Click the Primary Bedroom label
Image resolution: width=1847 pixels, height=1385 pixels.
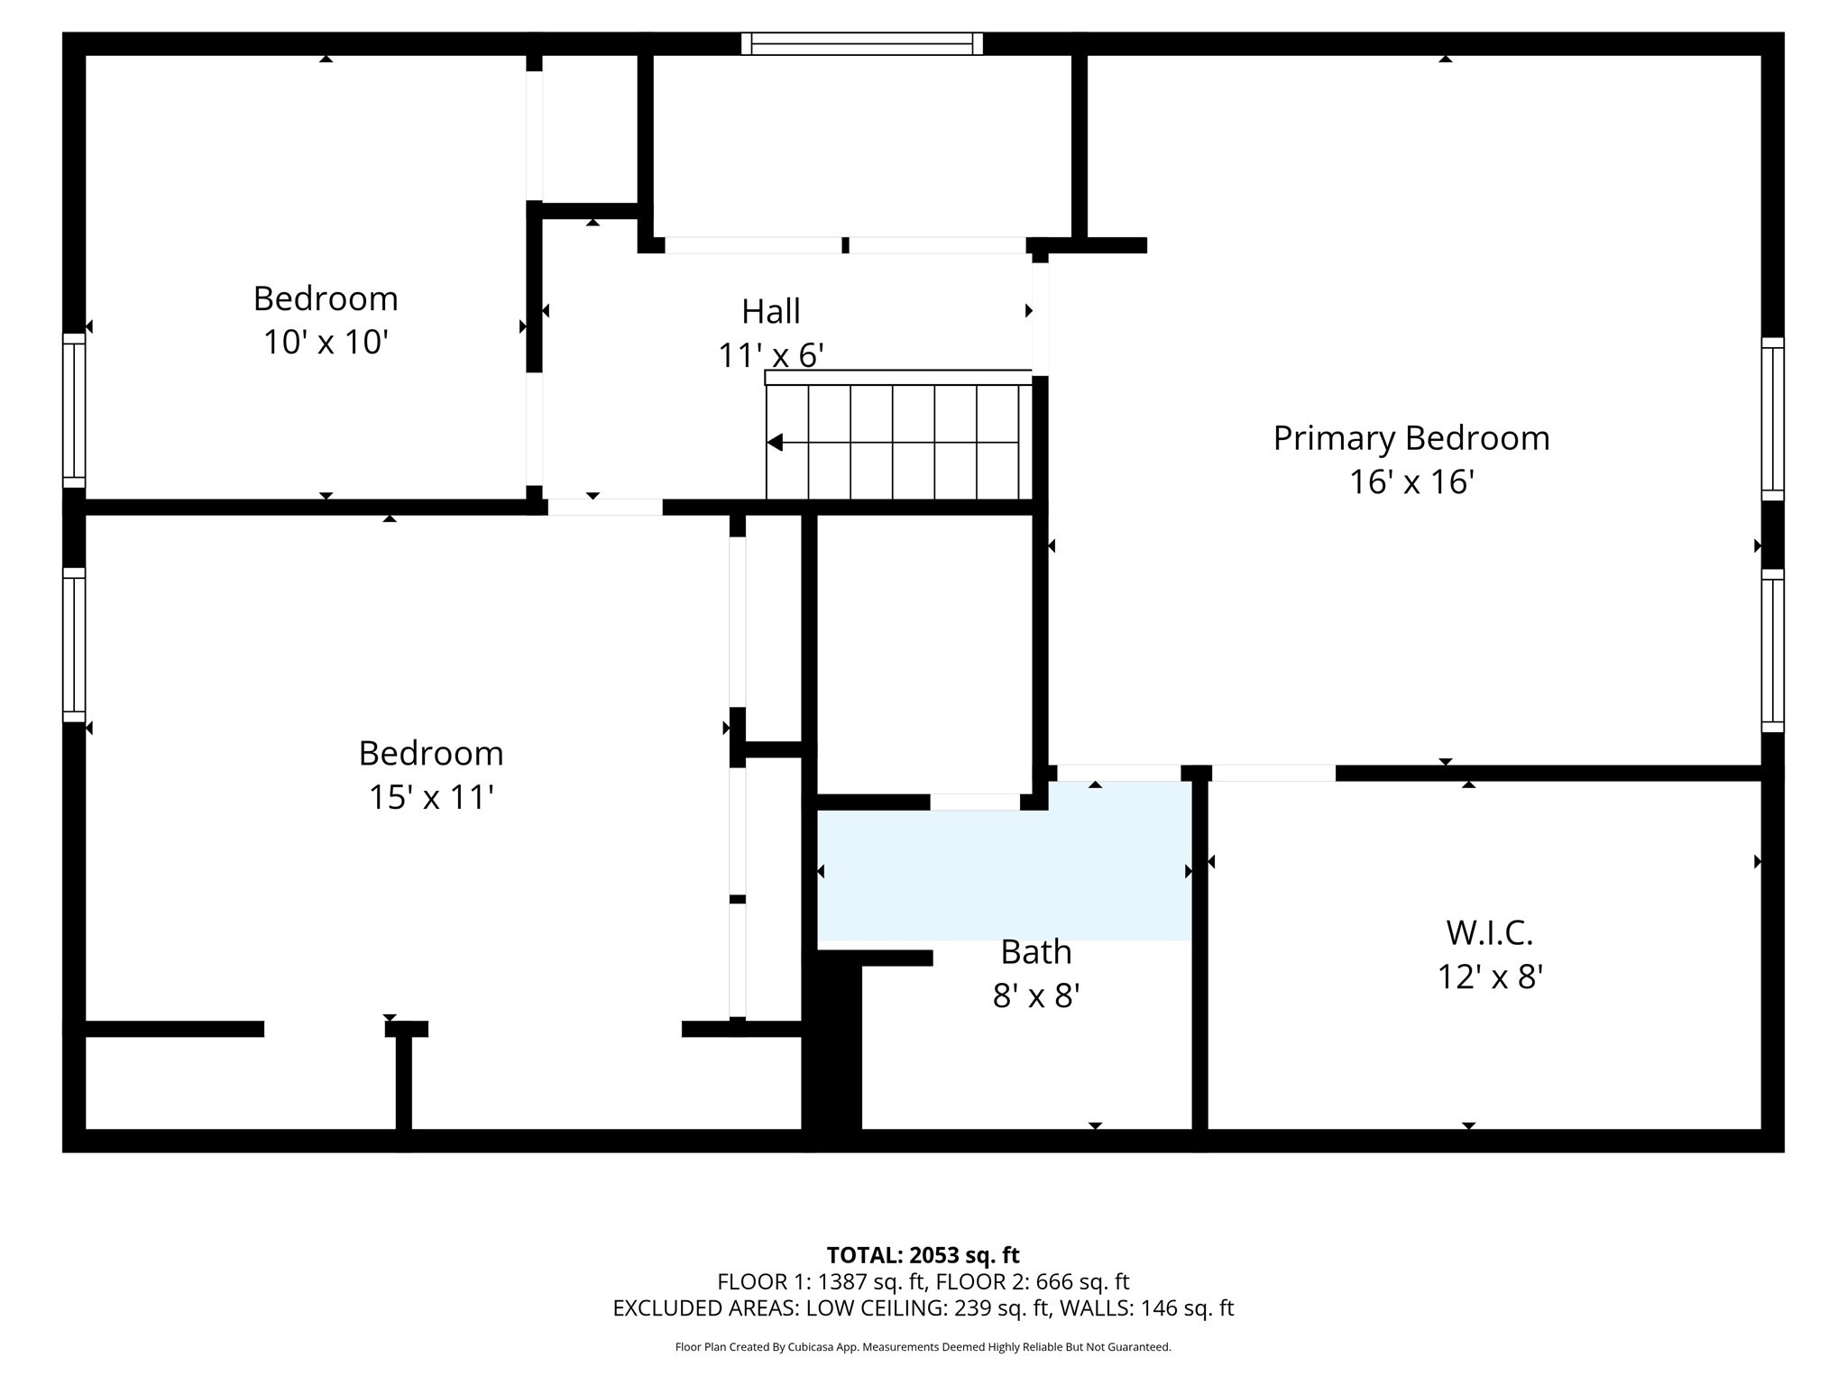(x=1411, y=438)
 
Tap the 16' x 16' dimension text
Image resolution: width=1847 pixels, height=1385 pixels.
(x=1411, y=482)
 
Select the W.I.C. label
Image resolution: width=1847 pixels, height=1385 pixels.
(x=1489, y=933)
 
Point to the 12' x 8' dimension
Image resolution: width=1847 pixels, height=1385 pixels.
(x=1489, y=977)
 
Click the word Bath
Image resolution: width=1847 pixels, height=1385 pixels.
(x=1035, y=952)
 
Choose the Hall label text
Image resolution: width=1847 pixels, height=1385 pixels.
(x=770, y=312)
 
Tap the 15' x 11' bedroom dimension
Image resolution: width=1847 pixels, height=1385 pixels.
(x=430, y=798)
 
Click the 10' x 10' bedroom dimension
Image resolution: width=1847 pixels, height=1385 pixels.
(x=326, y=343)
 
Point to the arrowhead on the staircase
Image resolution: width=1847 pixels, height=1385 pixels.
(x=775, y=443)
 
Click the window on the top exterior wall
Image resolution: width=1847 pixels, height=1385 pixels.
(x=861, y=43)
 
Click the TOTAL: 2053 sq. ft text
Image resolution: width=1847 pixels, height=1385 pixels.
(x=923, y=1255)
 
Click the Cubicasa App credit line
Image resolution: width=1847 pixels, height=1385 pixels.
(x=923, y=1347)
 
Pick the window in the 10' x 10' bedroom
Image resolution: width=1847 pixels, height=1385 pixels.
(x=73, y=410)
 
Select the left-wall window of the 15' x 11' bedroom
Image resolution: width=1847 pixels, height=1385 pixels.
(x=73, y=645)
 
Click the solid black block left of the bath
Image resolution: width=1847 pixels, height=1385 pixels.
(x=832, y=1050)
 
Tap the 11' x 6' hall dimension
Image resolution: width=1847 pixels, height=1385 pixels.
(x=770, y=356)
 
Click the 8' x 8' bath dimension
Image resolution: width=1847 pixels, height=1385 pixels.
(x=1035, y=996)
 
